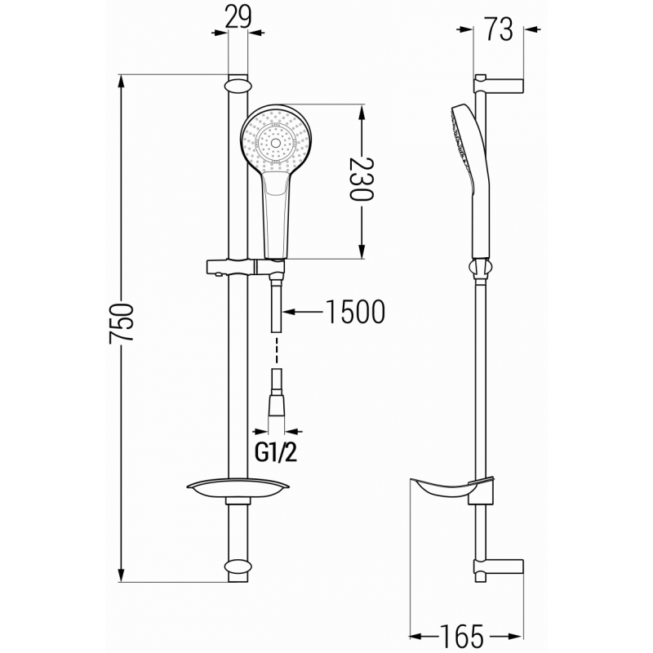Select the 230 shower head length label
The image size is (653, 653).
point(360,181)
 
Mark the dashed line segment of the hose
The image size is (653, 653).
point(276,349)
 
